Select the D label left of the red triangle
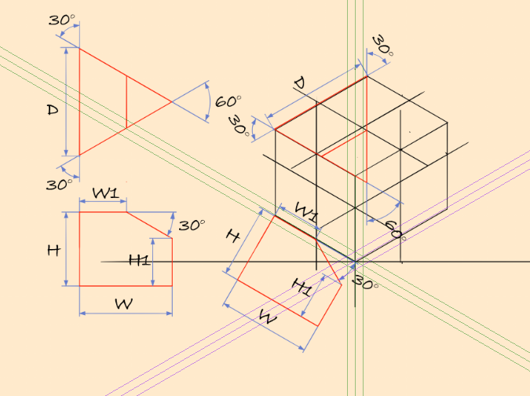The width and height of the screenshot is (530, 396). (53, 111)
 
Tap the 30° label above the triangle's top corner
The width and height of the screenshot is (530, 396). (62, 20)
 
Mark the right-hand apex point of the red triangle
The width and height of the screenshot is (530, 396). (173, 101)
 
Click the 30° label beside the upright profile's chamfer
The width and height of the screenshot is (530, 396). (191, 225)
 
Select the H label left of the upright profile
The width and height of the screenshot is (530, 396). (53, 251)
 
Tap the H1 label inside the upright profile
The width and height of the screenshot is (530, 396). (140, 259)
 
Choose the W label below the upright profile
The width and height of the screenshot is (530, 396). (123, 303)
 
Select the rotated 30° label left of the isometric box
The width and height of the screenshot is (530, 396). (238, 126)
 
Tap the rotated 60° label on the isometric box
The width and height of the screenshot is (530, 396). (393, 229)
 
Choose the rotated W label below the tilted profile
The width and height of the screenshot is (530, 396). (268, 318)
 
